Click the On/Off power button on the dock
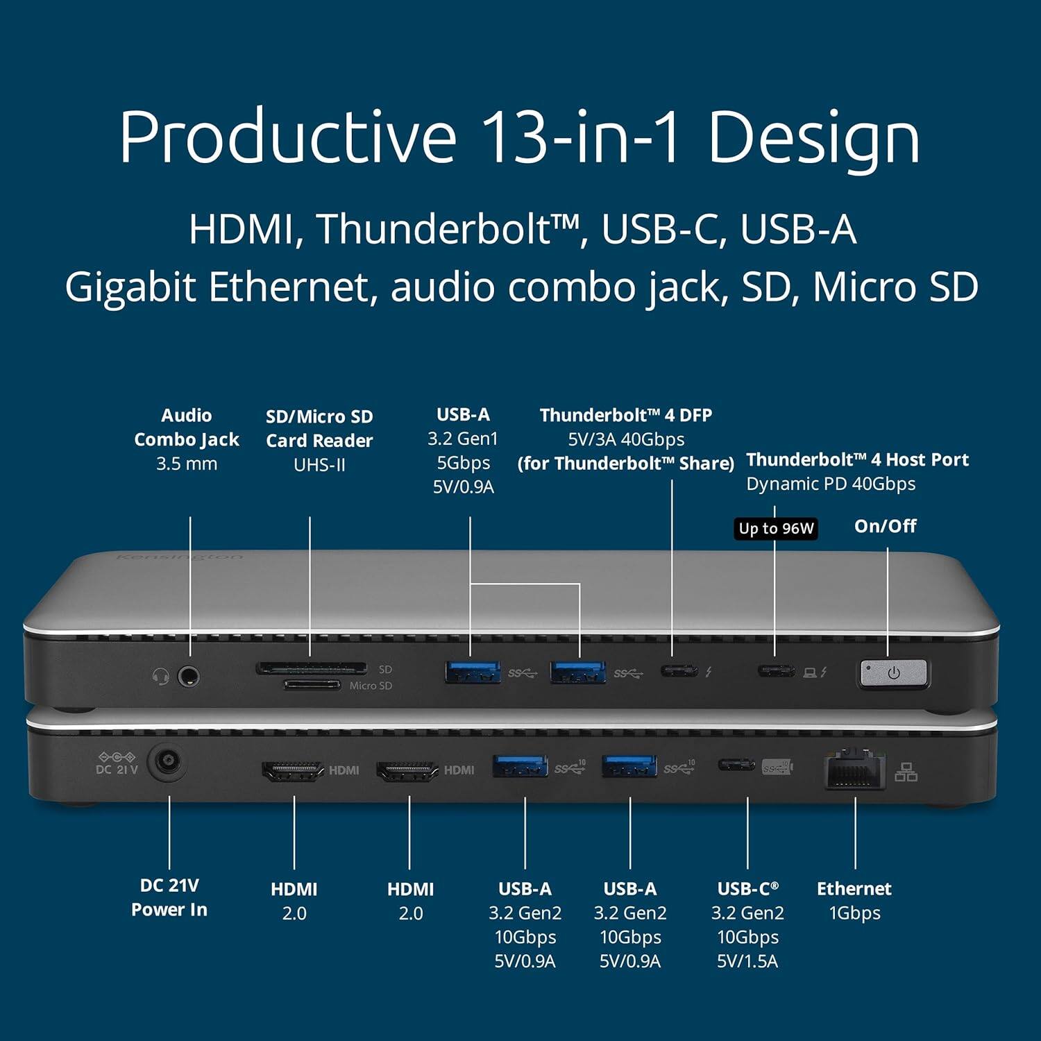click(893, 673)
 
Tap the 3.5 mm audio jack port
click(188, 675)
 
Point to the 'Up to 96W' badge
click(776, 529)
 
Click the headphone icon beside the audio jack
click(161, 675)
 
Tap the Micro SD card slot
click(312, 685)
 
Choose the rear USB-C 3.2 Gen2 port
click(737, 765)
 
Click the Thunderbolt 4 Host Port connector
click(776, 671)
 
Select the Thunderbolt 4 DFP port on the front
click(679, 671)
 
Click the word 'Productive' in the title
click(287, 137)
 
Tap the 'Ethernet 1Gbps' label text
click(854, 901)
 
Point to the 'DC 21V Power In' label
click(169, 897)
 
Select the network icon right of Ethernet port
click(906, 772)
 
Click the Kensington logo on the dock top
click(180, 557)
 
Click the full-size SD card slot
click(311, 668)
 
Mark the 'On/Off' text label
click(885, 526)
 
